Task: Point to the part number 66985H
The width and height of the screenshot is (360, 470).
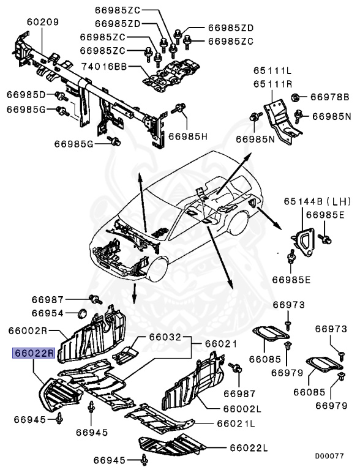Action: pos(189,135)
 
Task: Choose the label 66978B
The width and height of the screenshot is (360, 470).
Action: pos(329,97)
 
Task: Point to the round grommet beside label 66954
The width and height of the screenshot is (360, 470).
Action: pos(80,315)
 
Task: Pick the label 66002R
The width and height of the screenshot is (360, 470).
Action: pos(28,330)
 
